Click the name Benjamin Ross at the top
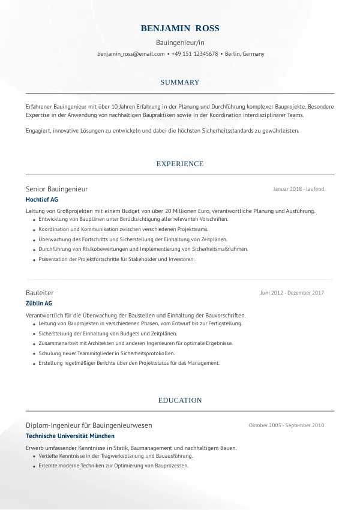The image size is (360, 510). tap(180, 29)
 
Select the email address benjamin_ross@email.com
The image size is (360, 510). tap(131, 54)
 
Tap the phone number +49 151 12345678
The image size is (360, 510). tap(194, 54)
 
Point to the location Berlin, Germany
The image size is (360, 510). tap(244, 54)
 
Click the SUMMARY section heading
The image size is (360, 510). tap(180, 82)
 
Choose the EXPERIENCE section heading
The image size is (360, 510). tap(180, 164)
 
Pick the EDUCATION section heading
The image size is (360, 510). tap(180, 400)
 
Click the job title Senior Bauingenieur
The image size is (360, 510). tap(56, 189)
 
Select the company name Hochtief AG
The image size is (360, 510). tap(42, 199)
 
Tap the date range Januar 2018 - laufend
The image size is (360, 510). tap(298, 189)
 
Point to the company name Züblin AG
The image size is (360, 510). tap(39, 303)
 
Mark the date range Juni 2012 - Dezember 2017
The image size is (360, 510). tap(292, 293)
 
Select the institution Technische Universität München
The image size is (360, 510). tap(70, 436)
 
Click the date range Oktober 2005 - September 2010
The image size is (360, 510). tap(286, 425)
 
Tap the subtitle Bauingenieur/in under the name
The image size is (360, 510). tap(180, 43)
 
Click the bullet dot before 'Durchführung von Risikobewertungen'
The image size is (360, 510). tap(32, 250)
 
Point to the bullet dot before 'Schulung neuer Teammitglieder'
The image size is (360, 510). tap(32, 354)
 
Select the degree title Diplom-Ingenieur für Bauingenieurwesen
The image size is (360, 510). tap(89, 425)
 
